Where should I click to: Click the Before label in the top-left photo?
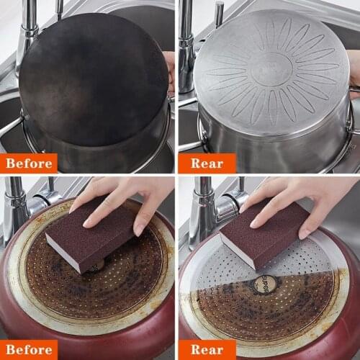pyautogui.click(x=29, y=163)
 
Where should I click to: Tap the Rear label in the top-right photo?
pyautogui.click(x=207, y=163)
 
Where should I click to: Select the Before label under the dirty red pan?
pyautogui.click(x=29, y=349)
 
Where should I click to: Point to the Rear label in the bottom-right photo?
pyautogui.click(x=207, y=349)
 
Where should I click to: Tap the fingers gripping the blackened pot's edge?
pyautogui.click(x=170, y=72)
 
